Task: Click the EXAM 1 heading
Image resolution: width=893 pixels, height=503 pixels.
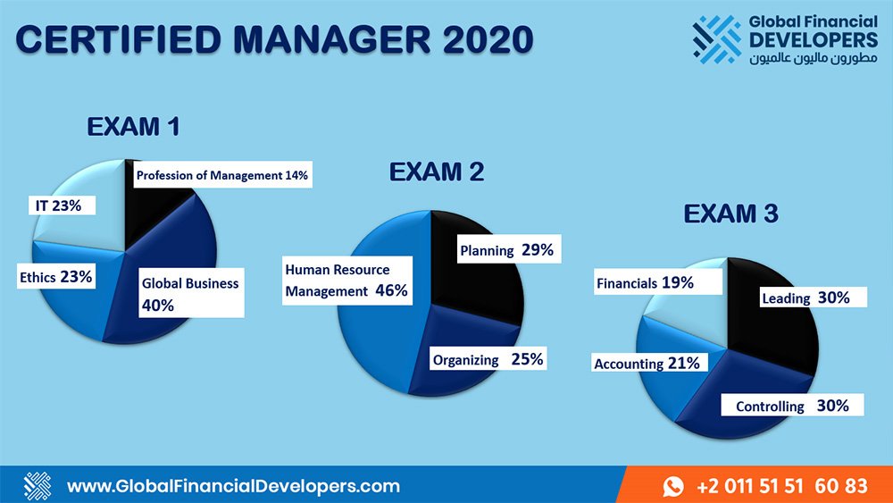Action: click(133, 127)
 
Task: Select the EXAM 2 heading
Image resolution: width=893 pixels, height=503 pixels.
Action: click(437, 172)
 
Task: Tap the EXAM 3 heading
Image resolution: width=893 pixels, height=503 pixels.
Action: click(730, 214)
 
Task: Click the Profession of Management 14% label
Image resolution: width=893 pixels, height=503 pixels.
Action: click(222, 174)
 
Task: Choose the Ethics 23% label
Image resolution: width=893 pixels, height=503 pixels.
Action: click(55, 276)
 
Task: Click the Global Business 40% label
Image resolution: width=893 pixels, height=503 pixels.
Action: click(191, 293)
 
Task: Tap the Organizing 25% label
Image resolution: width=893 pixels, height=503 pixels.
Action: click(488, 359)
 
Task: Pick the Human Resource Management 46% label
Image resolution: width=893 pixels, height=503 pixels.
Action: click(346, 281)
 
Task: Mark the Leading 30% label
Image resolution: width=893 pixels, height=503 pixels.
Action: click(813, 297)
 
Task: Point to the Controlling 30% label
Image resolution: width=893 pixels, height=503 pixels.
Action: click(792, 405)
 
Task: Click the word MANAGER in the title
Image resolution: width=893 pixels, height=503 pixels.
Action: click(331, 39)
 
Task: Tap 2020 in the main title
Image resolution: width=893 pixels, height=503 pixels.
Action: click(488, 39)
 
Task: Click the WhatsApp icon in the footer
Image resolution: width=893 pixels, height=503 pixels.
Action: click(673, 486)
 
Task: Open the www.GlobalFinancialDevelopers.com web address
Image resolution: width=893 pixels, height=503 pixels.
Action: click(233, 486)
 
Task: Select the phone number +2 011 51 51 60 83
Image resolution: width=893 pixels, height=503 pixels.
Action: click(782, 486)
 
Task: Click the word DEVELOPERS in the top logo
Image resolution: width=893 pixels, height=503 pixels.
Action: click(814, 40)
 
